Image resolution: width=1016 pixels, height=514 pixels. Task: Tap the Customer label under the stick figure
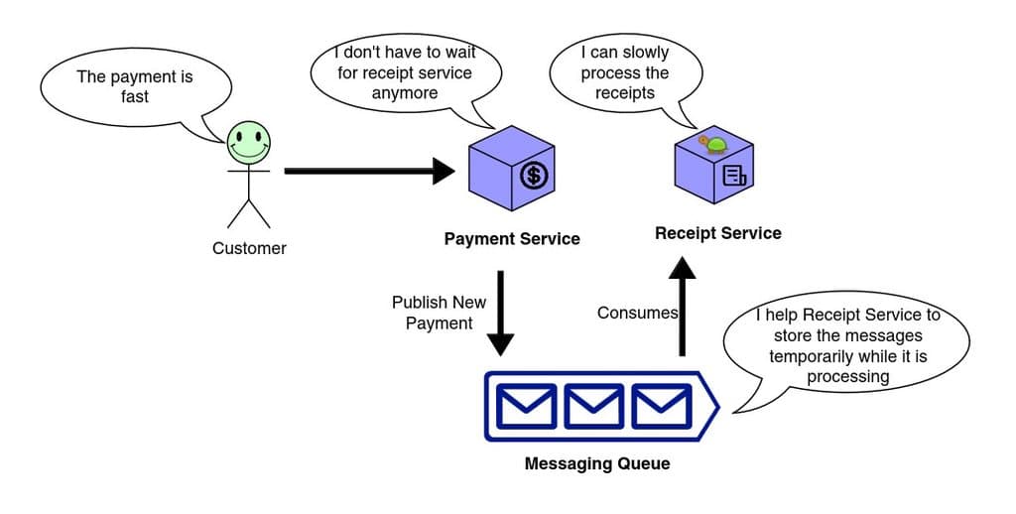[x=249, y=248]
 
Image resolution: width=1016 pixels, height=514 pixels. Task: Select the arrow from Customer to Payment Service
[x=367, y=171]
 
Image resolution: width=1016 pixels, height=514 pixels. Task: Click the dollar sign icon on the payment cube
[x=534, y=176]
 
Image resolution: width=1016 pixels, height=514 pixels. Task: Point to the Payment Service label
[x=511, y=239]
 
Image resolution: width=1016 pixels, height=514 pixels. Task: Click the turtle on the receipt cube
[x=713, y=145]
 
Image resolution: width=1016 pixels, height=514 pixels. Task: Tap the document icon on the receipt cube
[x=734, y=177]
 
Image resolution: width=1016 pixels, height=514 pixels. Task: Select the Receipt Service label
[x=717, y=233]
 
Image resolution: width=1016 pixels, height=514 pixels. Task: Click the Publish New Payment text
[x=439, y=313]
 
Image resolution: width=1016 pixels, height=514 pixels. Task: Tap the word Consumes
[x=637, y=313]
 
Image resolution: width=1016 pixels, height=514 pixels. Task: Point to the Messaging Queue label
[x=596, y=463]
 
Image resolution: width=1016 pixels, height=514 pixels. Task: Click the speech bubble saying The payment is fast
[x=135, y=86]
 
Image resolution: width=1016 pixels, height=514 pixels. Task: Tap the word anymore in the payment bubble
[x=404, y=93]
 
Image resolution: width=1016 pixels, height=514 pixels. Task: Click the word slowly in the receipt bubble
[x=647, y=52]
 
